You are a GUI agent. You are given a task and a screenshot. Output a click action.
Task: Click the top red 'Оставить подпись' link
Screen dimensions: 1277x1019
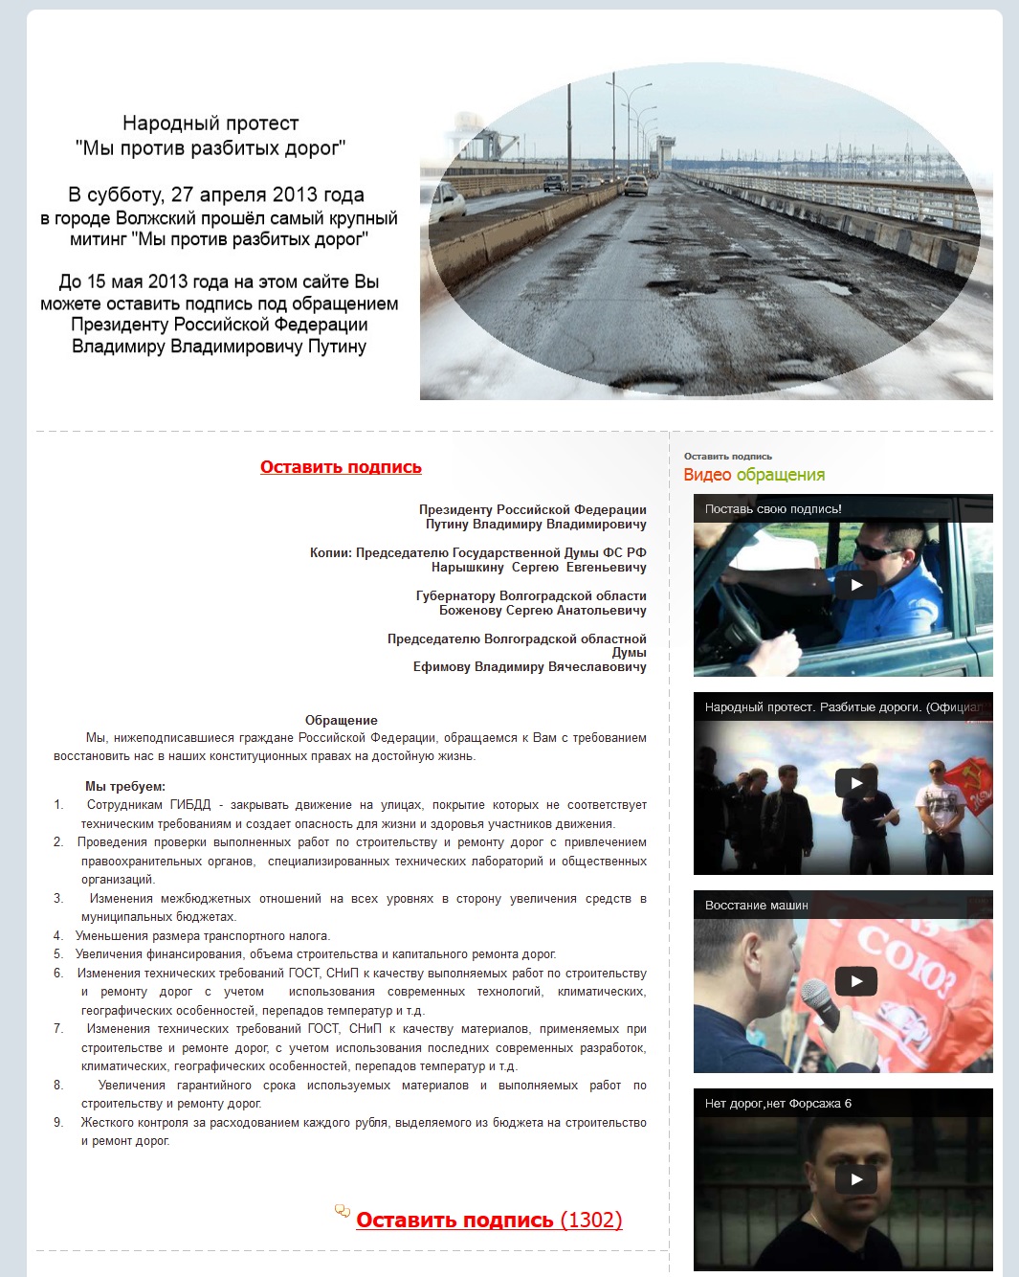click(x=341, y=467)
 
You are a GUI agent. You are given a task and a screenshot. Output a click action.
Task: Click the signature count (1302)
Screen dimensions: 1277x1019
click(x=591, y=1220)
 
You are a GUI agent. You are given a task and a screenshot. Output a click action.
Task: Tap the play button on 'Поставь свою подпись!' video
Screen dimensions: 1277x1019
click(x=856, y=585)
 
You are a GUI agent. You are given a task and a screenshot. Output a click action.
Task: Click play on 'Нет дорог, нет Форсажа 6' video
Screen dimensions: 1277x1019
click(x=856, y=1179)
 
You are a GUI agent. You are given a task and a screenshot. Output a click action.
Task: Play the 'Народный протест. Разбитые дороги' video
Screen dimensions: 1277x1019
click(x=856, y=783)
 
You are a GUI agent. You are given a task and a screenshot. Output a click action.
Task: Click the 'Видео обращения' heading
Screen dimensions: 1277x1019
click(x=754, y=475)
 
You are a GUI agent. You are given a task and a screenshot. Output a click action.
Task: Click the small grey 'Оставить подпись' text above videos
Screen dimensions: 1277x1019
click(x=727, y=457)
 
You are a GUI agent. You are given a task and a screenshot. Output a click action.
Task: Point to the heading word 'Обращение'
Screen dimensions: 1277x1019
click(x=341, y=720)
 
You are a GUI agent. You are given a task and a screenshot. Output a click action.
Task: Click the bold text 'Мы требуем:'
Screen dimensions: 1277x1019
click(x=124, y=786)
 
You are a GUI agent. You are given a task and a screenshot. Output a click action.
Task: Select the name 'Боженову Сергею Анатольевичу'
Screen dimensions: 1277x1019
click(x=543, y=610)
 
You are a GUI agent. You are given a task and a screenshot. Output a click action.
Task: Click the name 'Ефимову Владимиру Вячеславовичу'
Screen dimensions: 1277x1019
click(x=529, y=666)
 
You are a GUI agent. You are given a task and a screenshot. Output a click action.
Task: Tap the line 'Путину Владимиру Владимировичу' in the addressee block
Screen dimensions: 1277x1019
click(x=536, y=524)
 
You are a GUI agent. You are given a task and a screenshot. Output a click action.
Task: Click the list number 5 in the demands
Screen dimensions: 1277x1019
click(x=58, y=954)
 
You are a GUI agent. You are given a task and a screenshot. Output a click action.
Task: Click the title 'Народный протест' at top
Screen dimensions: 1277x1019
click(x=210, y=123)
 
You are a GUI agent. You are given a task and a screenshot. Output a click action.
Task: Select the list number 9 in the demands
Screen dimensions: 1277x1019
click(x=58, y=1123)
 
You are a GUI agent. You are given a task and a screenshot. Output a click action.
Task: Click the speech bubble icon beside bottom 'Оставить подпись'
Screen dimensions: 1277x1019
click(x=342, y=1211)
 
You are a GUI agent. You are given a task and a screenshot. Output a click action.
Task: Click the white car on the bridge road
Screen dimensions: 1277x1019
click(x=635, y=184)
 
